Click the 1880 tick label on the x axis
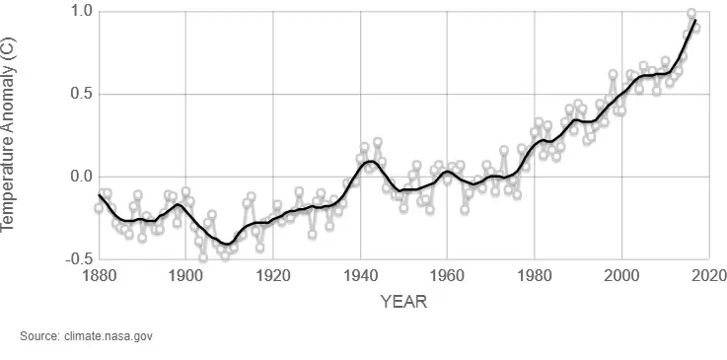(99, 276)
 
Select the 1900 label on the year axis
(185, 276)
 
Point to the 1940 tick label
(360, 276)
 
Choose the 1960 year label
(447, 276)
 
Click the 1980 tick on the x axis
(535, 276)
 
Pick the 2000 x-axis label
(621, 276)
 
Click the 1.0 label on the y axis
(80, 12)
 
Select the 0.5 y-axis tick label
(80, 95)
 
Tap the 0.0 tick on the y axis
(80, 178)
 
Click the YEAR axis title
(403, 302)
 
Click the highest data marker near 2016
(691, 14)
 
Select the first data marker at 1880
(99, 208)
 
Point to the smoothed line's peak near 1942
(368, 161)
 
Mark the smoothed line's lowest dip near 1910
(229, 243)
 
